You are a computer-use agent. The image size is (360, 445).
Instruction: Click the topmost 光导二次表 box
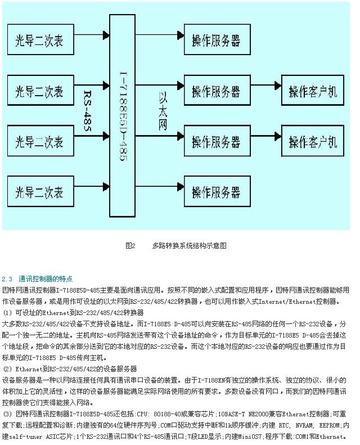tap(39, 42)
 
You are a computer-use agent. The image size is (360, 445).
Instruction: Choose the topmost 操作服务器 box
tap(216, 41)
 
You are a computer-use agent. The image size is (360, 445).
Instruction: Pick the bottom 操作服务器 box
tap(216, 192)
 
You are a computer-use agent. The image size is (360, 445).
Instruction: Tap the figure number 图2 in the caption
tap(130, 246)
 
